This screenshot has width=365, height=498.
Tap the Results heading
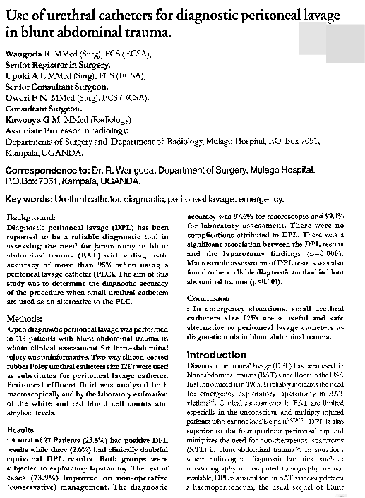click(x=19, y=429)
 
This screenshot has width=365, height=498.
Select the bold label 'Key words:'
click(x=33, y=200)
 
